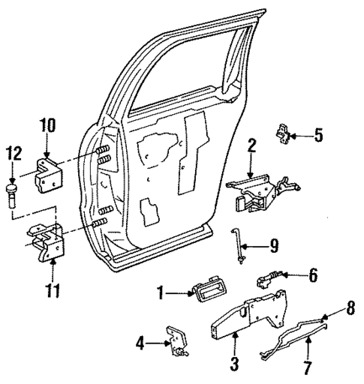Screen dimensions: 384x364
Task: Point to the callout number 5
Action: (x=318, y=136)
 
